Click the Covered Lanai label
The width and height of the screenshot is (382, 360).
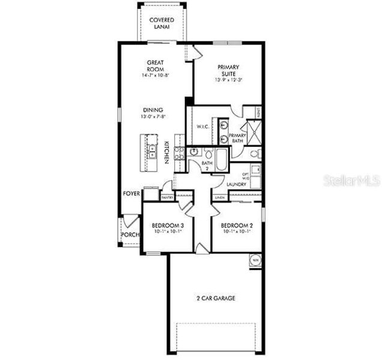pyautogui.click(x=162, y=23)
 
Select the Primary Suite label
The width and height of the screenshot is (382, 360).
pyautogui.click(x=226, y=72)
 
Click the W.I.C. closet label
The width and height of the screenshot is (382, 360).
pyautogui.click(x=202, y=127)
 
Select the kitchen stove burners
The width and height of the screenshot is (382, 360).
pyautogui.click(x=178, y=153)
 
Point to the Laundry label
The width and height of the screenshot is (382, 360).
pyautogui.click(x=237, y=184)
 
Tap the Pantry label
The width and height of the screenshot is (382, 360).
pyautogui.click(x=167, y=197)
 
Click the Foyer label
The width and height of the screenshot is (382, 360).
pyautogui.click(x=131, y=194)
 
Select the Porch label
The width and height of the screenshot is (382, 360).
pyautogui.click(x=130, y=234)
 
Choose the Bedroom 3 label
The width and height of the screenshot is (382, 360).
pyautogui.click(x=168, y=226)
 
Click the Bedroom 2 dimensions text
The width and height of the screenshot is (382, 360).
pyautogui.click(x=236, y=232)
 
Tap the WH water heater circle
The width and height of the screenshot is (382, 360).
pyautogui.click(x=255, y=260)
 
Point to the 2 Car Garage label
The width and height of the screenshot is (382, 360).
pyautogui.click(x=215, y=298)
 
